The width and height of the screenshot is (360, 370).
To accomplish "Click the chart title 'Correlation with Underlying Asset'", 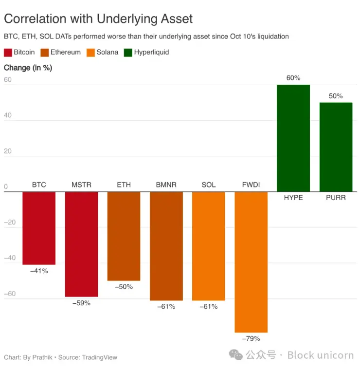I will click(x=98, y=19).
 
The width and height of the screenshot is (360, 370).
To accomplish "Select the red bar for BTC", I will click(x=39, y=228).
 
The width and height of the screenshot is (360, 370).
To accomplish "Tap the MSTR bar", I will click(x=81, y=243).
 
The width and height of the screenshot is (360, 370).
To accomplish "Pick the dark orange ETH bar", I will click(x=124, y=236).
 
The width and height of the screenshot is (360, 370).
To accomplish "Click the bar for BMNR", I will click(x=166, y=246).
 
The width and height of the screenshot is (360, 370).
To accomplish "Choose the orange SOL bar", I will click(x=208, y=246).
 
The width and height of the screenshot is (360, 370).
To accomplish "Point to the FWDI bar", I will click(x=251, y=262).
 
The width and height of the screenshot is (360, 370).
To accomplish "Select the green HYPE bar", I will click(x=293, y=138).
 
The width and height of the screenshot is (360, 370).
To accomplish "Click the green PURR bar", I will click(x=336, y=147).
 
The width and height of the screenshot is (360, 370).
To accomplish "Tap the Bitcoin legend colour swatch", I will click(x=7, y=52).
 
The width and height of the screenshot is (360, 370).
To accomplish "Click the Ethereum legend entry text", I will click(x=65, y=52).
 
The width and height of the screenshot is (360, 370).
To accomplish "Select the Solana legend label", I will click(x=107, y=52).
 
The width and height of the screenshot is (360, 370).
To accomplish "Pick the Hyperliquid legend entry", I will click(x=151, y=52).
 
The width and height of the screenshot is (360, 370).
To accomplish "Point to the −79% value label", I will click(x=251, y=338).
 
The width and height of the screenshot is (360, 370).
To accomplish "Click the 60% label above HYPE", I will click(x=293, y=78).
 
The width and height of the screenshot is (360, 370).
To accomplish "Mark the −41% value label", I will click(x=39, y=271).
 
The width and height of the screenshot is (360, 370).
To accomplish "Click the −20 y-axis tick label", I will click(x=9, y=222).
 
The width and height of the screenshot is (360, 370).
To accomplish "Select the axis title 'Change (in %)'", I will click(x=28, y=68).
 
